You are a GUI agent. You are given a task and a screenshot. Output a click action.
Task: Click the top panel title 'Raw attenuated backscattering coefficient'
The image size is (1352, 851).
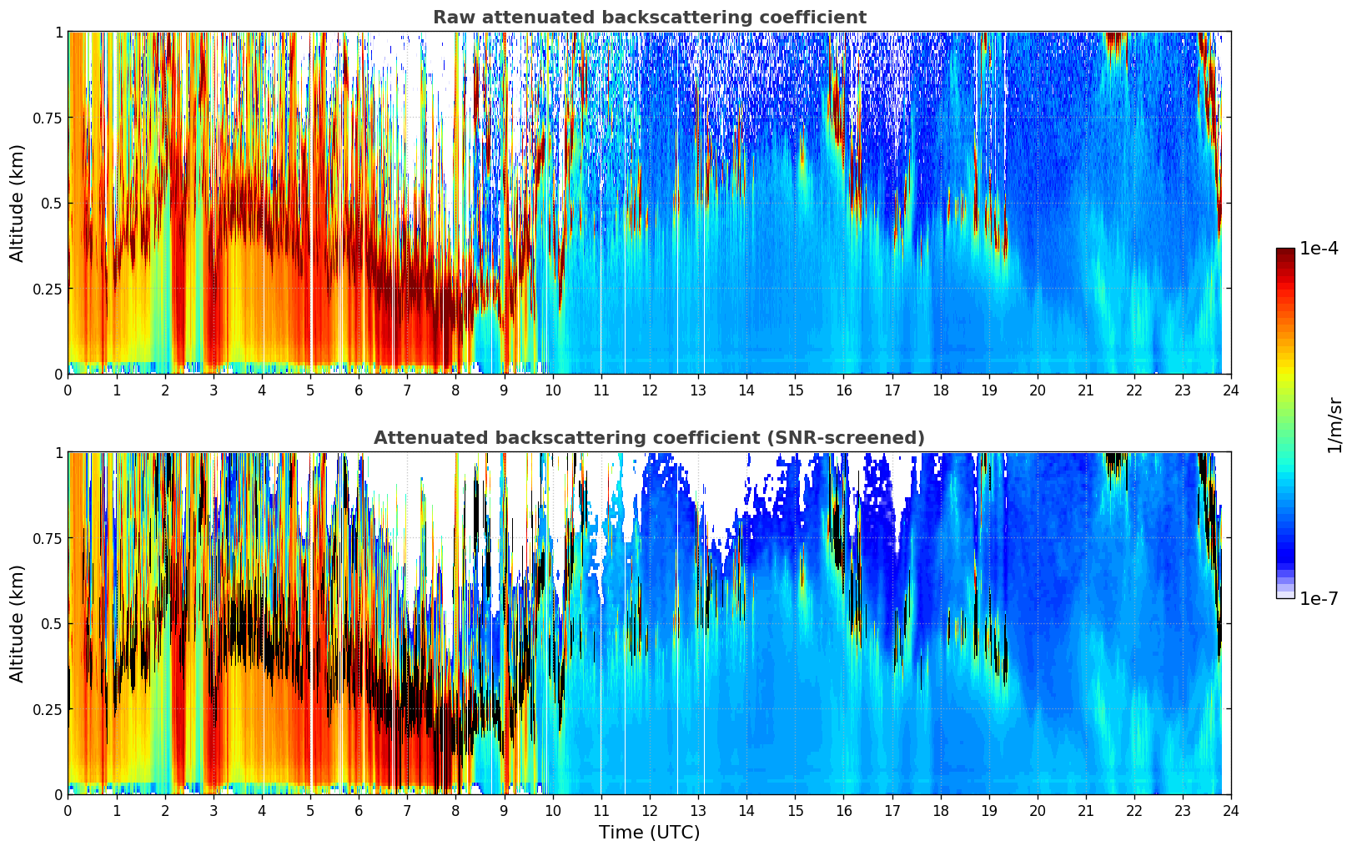click(x=649, y=18)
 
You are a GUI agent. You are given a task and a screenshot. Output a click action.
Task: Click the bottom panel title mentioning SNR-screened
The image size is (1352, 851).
click(x=649, y=438)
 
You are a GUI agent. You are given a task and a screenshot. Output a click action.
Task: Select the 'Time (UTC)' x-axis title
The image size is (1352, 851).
click(x=649, y=833)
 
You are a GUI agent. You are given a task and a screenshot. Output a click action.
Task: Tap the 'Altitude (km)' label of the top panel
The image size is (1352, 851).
click(x=18, y=203)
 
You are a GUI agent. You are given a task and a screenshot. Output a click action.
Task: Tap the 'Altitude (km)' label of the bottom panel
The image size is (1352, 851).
click(x=18, y=623)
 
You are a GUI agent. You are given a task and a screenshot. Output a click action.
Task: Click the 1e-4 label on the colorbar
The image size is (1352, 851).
click(x=1319, y=249)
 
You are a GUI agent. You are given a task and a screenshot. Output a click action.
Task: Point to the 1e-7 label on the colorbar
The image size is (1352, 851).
click(x=1319, y=598)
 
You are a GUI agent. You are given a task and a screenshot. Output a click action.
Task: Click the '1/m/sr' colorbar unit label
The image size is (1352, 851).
click(x=1334, y=425)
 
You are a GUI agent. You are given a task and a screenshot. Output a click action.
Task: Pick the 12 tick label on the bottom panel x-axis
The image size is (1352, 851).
click(x=650, y=811)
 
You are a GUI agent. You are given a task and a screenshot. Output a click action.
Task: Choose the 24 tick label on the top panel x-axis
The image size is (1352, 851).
click(x=1231, y=390)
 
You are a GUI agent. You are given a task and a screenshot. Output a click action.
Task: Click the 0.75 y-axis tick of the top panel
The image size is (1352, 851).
click(x=48, y=118)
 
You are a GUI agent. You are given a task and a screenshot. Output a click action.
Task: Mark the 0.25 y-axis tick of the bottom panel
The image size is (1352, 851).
click(x=48, y=709)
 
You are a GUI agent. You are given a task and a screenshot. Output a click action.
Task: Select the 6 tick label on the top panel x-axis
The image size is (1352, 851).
click(x=359, y=390)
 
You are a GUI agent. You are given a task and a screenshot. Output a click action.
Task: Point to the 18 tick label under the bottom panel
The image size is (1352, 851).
click(x=941, y=811)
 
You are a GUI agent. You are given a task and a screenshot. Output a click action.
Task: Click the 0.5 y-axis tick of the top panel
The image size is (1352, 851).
click(x=52, y=203)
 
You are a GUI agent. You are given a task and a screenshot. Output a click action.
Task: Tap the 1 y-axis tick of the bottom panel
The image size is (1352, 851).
click(x=58, y=453)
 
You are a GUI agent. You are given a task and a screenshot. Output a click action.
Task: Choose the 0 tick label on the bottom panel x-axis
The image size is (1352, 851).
click(x=68, y=811)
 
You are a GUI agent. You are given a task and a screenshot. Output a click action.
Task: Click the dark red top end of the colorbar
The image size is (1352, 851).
click(x=1285, y=252)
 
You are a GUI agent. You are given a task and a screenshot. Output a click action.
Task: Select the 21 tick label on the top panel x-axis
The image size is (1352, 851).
click(x=1086, y=390)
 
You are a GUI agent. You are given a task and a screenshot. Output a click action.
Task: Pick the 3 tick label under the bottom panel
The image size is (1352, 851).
click(x=214, y=811)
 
